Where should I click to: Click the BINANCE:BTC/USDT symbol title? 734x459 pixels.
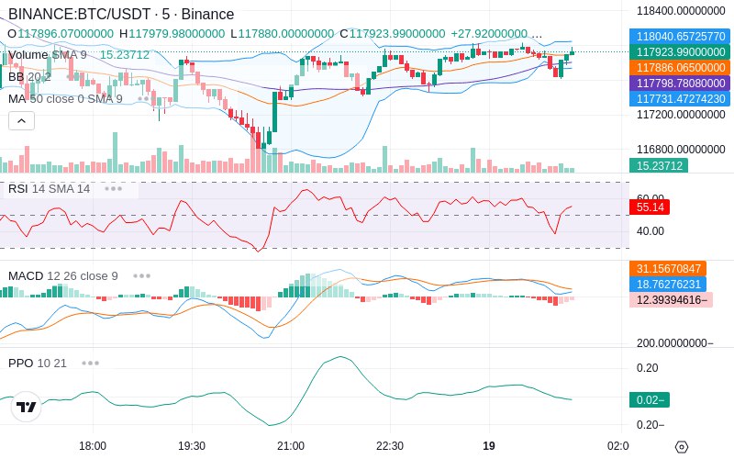point(79,14)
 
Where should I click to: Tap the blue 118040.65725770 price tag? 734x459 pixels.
point(680,36)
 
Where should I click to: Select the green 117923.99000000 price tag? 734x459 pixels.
point(680,52)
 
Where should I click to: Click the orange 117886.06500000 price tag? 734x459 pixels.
point(680,67)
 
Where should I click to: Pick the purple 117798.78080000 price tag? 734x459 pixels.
point(680,83)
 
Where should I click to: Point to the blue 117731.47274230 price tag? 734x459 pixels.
point(680,98)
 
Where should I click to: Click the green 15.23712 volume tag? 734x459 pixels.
point(659,165)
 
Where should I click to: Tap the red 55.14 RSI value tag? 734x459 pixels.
point(650,207)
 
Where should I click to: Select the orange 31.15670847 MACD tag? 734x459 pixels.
point(668,268)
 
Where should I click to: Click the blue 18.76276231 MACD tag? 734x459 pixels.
point(668,284)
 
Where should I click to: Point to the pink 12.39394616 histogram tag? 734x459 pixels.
point(672,300)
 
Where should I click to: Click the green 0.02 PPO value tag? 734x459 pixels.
point(650,399)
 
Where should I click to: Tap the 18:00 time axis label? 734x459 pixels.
point(93,445)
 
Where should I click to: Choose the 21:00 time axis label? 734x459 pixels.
point(291,445)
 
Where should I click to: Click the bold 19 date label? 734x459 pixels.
point(489,445)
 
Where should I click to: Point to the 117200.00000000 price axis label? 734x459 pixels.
point(681,114)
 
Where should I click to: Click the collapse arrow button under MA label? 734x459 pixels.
point(21,121)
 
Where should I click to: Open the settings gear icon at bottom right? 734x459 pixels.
point(682,447)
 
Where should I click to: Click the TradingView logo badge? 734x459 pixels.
point(27,407)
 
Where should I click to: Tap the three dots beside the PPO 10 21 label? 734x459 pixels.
point(90,363)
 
